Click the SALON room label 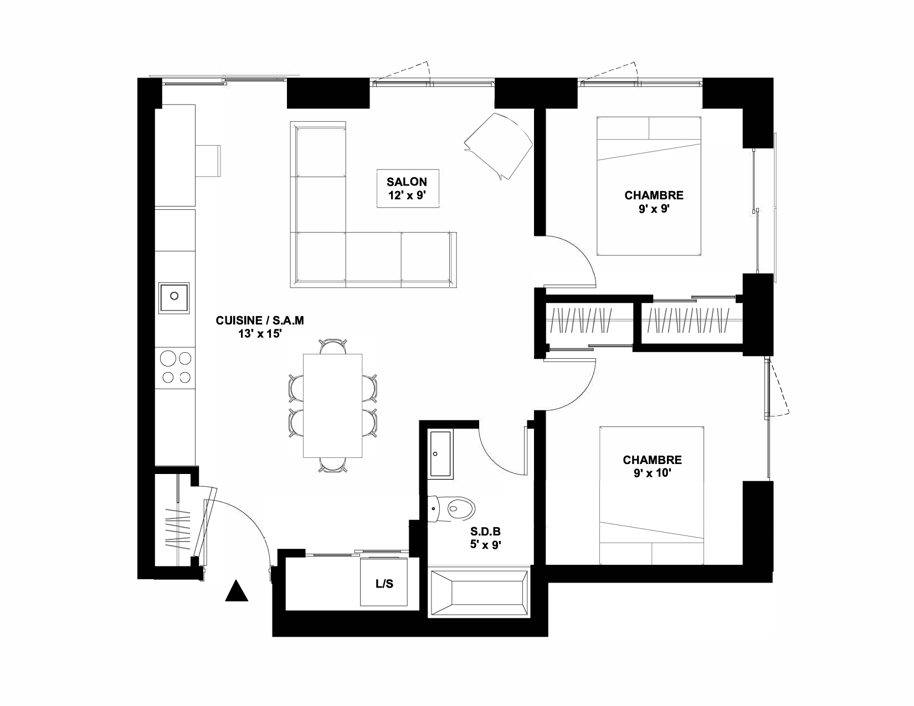407,182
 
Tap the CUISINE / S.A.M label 259,321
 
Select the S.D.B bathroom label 485,532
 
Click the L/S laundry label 384,584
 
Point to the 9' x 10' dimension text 652,473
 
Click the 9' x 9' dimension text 654,209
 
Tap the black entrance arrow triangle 237,591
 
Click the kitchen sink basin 174,298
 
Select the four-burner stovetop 175,368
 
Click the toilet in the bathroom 451,508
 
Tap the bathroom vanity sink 440,454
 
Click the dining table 333,406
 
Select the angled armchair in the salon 499,146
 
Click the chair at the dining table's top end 333,346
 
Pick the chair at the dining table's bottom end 333,466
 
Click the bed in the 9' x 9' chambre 649,186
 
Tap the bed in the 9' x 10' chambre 651,496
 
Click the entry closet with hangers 176,520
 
